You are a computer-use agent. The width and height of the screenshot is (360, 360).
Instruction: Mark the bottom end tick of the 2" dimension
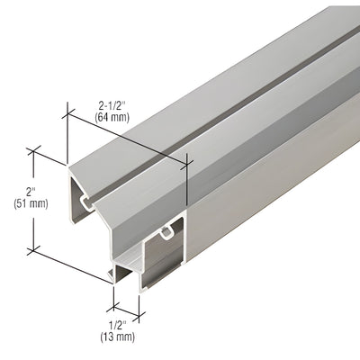coord(36,248)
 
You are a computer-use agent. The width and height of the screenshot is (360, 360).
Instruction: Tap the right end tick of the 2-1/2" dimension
coord(186,161)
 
